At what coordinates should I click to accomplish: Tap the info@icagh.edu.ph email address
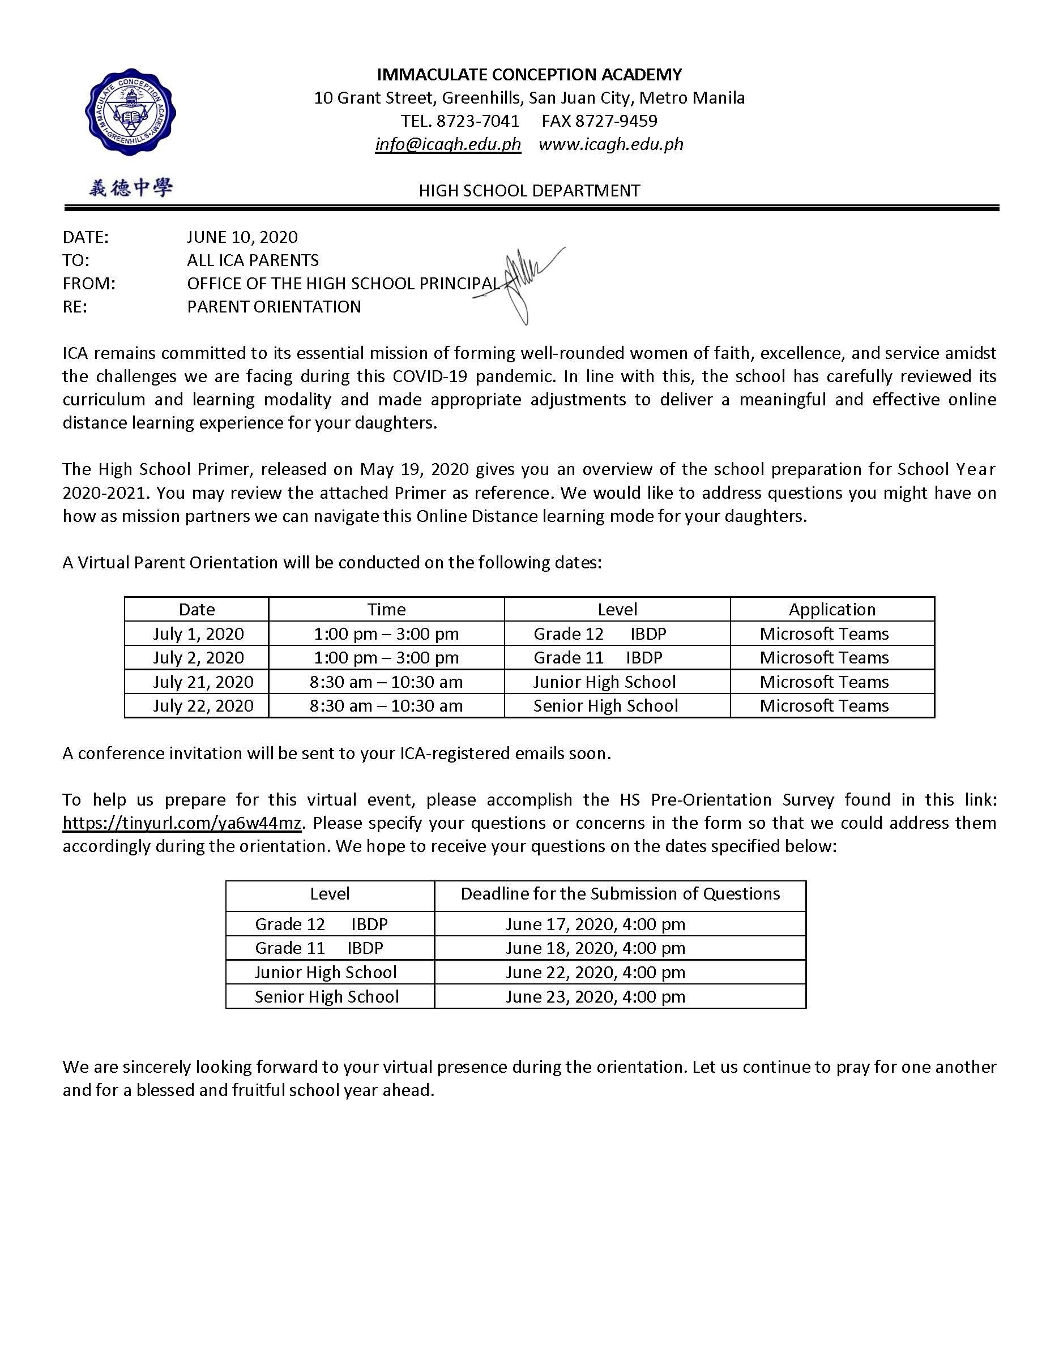point(448,144)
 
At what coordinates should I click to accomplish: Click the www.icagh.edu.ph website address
point(610,144)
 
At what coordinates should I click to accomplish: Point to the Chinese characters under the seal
point(130,187)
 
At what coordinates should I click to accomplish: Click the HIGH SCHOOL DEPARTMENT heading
point(529,191)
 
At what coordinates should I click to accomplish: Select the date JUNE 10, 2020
point(242,237)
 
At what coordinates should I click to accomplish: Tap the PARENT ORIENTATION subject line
point(274,307)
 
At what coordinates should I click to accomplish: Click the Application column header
point(832,610)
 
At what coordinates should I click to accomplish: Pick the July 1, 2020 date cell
point(198,633)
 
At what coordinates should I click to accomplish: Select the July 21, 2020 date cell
point(203,682)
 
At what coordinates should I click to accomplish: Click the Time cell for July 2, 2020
point(386,658)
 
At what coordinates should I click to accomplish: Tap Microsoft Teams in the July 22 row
point(824,706)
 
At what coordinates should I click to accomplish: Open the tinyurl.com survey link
point(182,823)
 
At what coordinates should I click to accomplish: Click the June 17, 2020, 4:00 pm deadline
point(595,924)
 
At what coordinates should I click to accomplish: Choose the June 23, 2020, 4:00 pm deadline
point(595,996)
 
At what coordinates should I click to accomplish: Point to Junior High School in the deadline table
point(326,972)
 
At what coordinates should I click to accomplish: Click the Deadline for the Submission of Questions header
point(620,894)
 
